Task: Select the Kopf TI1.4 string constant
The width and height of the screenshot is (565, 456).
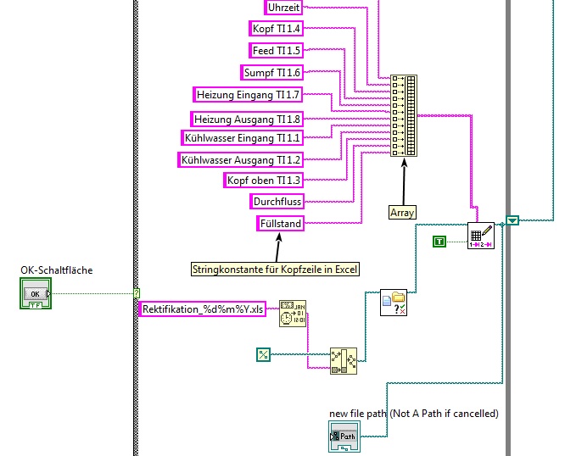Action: (276, 29)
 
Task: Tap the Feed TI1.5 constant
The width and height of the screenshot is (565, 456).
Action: (276, 50)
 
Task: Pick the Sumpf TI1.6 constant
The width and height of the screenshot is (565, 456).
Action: (272, 72)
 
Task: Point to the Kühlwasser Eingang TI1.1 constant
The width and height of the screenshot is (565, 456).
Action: (242, 136)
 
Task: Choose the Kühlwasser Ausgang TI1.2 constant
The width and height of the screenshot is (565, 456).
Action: (240, 159)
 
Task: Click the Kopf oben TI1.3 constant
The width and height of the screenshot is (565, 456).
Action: (263, 180)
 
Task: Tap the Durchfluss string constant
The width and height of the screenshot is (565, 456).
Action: (277, 202)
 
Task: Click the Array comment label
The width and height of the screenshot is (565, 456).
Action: (403, 212)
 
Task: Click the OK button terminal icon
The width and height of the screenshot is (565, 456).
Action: (35, 293)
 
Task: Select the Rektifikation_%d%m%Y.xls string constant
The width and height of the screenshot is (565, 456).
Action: (203, 310)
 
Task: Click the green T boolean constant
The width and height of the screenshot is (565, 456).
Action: (439, 242)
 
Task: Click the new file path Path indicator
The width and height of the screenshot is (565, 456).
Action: (344, 437)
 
